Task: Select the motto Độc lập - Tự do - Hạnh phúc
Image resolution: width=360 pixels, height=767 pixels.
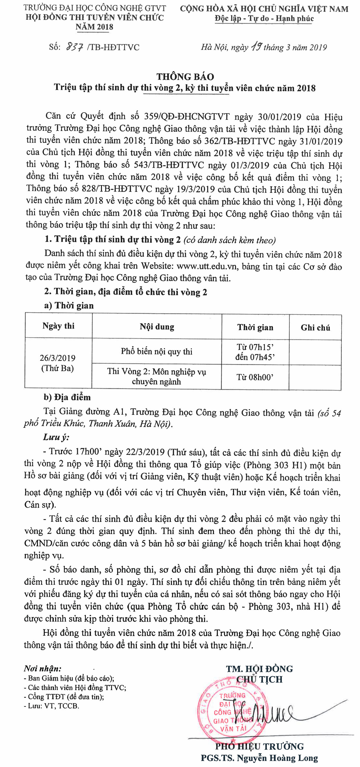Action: click(x=264, y=19)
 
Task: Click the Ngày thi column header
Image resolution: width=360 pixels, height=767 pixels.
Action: click(x=58, y=326)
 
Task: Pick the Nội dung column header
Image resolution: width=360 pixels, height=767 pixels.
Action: click(x=157, y=327)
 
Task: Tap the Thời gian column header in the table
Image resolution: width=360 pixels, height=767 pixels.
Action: click(x=255, y=328)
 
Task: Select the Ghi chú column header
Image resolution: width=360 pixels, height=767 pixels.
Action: click(x=315, y=328)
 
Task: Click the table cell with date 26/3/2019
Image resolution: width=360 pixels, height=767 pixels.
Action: click(x=57, y=363)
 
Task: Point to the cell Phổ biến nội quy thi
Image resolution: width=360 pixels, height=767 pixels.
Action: click(x=157, y=352)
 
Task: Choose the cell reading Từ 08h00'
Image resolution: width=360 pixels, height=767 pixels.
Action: click(x=255, y=377)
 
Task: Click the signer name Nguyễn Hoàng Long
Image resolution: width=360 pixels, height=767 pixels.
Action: click(x=279, y=758)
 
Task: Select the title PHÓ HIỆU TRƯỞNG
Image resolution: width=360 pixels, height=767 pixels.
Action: click(x=259, y=747)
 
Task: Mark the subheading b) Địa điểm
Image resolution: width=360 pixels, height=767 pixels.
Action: click(x=67, y=397)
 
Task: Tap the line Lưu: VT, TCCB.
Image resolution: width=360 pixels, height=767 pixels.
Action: click(x=52, y=706)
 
